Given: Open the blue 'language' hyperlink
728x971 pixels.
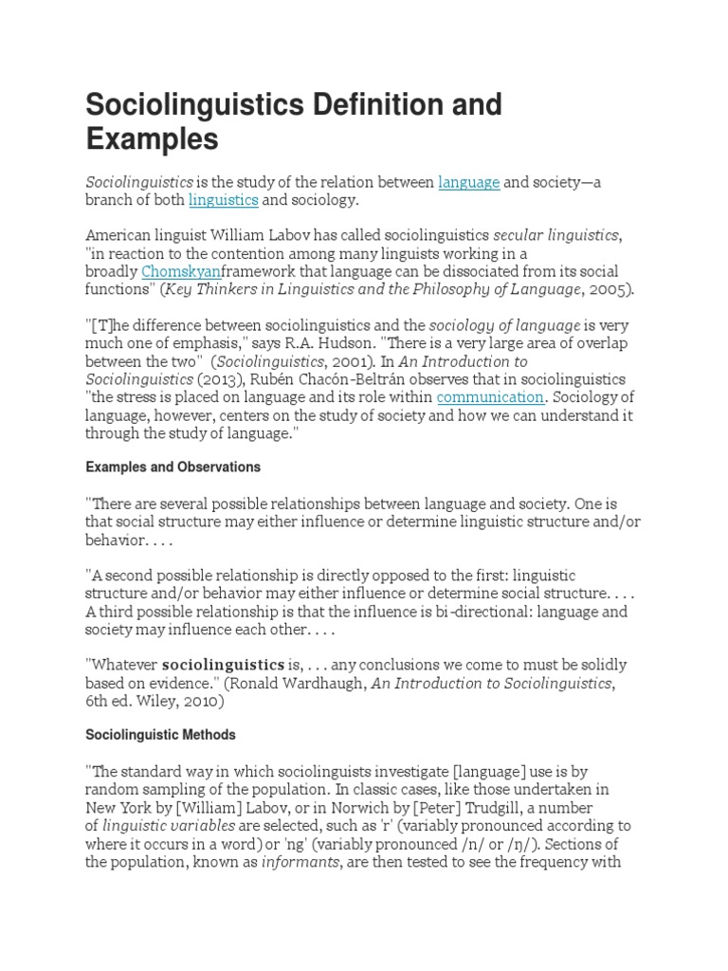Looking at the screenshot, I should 468,182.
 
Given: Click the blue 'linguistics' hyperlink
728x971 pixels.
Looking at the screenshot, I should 224,200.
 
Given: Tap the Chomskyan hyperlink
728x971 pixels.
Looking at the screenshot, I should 180,272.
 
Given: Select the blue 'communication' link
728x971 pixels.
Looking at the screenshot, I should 490,397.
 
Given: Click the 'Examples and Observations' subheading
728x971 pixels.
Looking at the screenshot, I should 173,467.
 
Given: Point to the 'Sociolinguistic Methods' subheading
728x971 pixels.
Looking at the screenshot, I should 160,735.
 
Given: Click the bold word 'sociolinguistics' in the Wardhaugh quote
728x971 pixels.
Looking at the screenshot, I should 223,664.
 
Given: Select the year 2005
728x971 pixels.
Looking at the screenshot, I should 608,290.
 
